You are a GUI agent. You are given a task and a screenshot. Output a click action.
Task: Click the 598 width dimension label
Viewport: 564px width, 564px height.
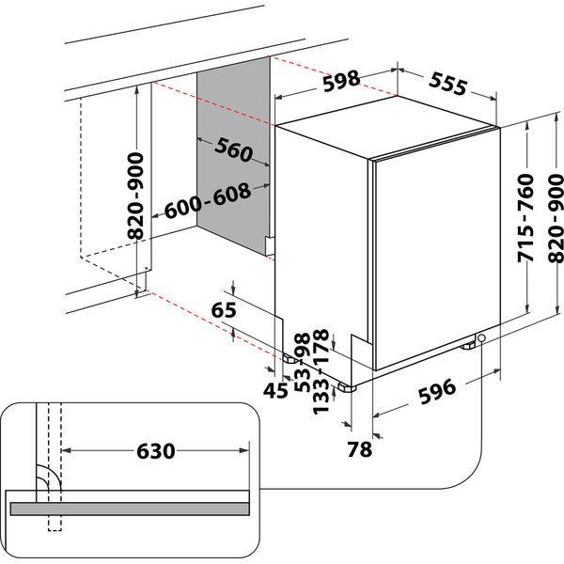click(339, 82)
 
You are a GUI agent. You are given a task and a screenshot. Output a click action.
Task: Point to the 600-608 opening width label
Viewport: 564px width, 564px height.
click(208, 200)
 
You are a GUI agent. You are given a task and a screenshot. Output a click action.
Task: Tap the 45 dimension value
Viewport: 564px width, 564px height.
click(276, 389)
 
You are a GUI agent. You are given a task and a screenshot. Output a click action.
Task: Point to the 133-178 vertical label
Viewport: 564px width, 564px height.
click(321, 371)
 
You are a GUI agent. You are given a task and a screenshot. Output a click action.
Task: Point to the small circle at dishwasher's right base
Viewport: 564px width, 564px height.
click(482, 338)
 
